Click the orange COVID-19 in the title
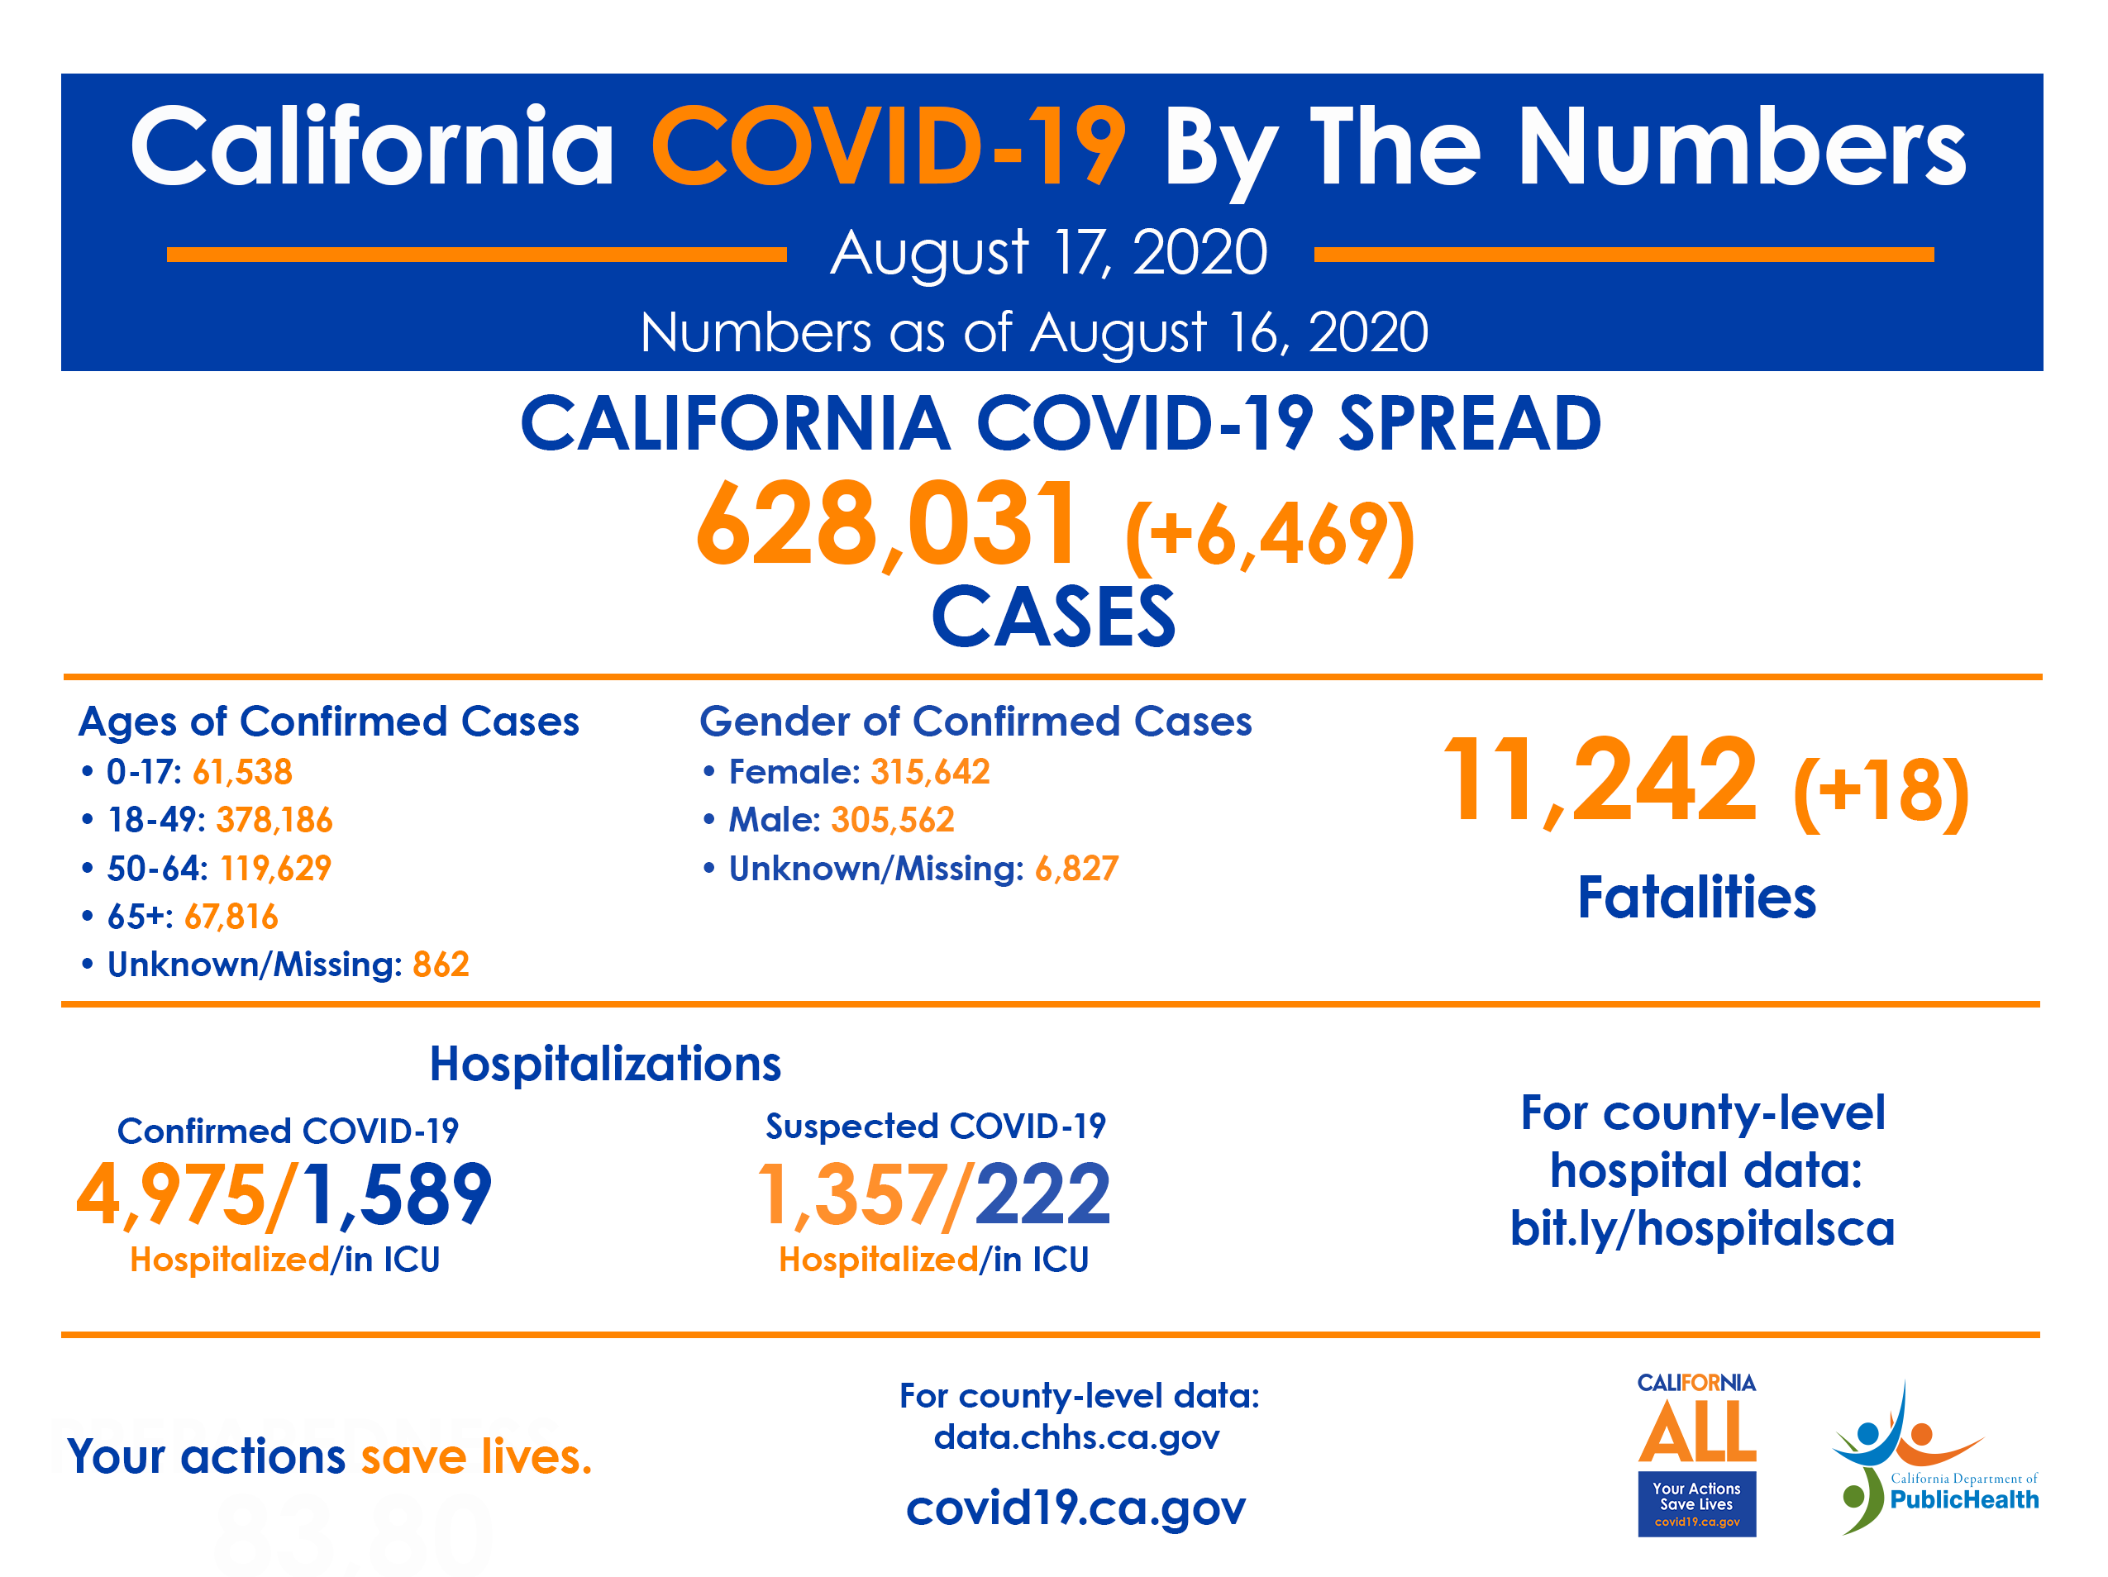click(x=888, y=148)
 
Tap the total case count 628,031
click(x=888, y=524)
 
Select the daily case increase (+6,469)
click(x=1270, y=536)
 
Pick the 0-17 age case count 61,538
click(x=242, y=772)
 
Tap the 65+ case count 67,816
click(x=231, y=917)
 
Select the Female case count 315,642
click(x=930, y=772)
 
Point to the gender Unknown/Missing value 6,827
click(x=1076, y=869)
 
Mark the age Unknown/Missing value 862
click(x=441, y=965)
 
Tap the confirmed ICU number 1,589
click(x=397, y=1195)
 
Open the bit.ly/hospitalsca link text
click(x=1702, y=1229)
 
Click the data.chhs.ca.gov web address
click(x=1076, y=1437)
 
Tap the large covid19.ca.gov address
click(x=1076, y=1508)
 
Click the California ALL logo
click(x=1696, y=1453)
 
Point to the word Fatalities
click(x=1696, y=898)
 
